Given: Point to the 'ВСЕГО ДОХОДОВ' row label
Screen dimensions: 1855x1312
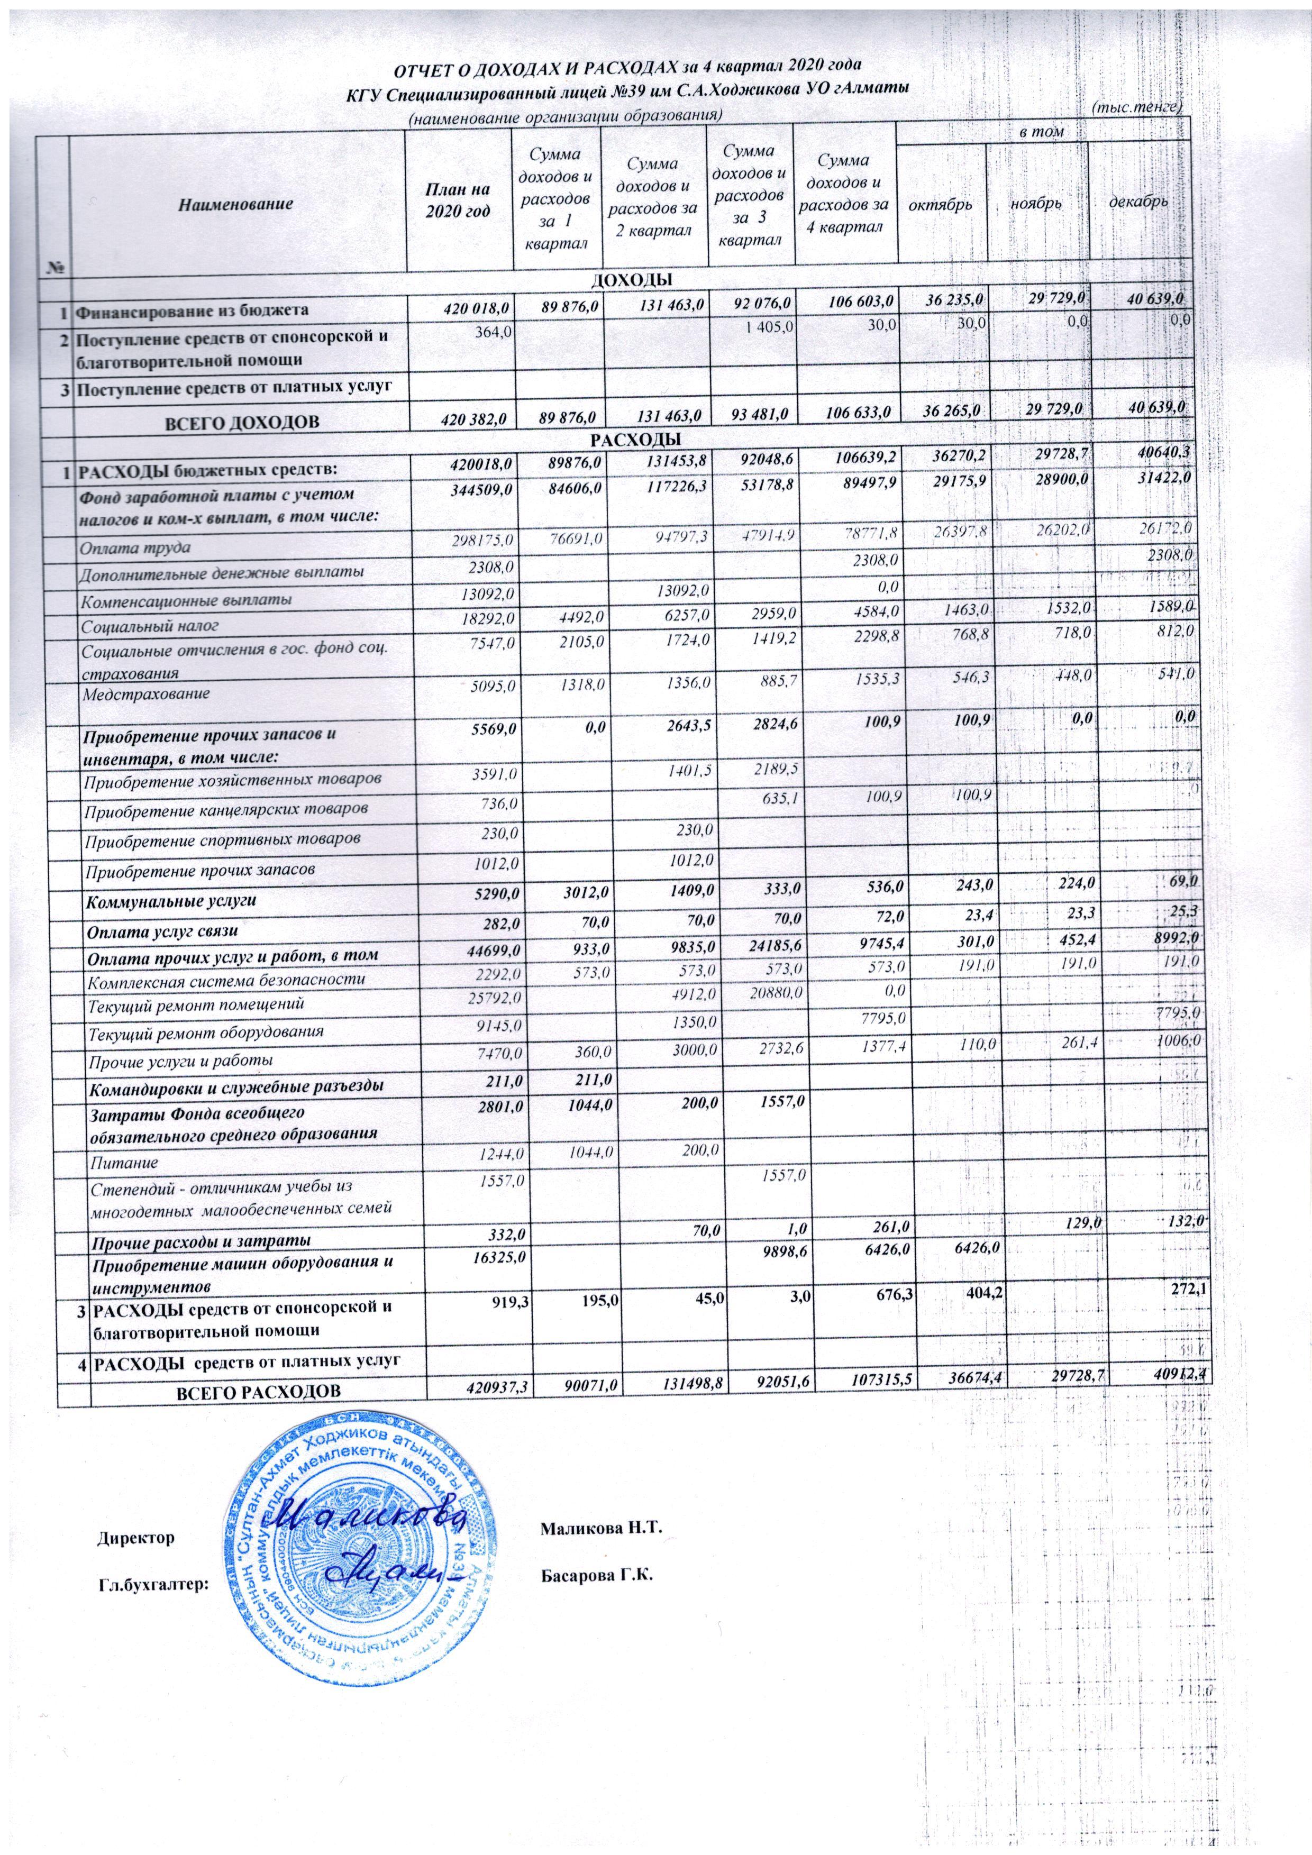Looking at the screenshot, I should (x=242, y=421).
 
